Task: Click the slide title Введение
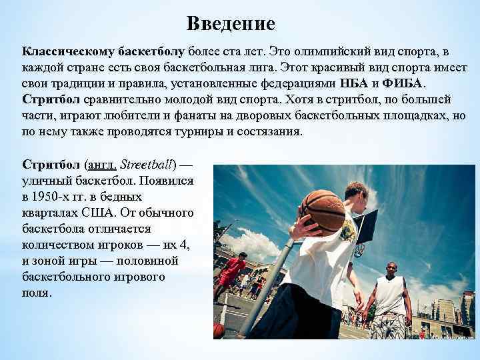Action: [231, 24]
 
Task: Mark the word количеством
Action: [63, 245]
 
